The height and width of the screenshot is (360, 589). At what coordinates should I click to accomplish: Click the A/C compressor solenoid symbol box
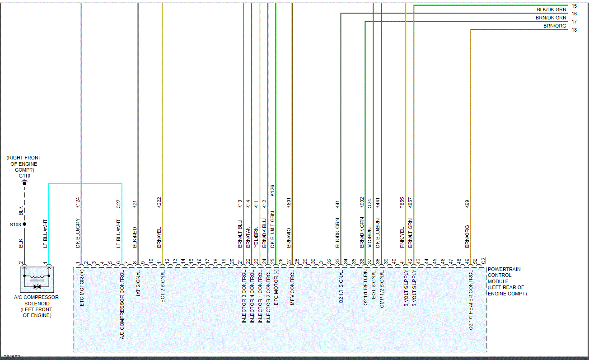[37, 279]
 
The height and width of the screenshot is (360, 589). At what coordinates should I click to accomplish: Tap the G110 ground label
[24, 176]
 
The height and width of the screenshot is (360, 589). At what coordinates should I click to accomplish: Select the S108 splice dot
[25, 224]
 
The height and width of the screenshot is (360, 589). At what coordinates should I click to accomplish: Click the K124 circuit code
[78, 202]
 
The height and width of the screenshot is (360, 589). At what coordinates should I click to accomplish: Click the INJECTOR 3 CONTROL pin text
[244, 296]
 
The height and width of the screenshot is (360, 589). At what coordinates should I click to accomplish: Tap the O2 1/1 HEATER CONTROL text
[471, 300]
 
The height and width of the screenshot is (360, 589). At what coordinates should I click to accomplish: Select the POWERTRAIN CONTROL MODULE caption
[506, 281]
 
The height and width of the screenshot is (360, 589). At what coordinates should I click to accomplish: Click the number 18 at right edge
[574, 30]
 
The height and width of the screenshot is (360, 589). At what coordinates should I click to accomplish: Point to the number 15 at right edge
[574, 6]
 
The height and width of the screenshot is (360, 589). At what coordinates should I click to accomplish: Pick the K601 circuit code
[289, 202]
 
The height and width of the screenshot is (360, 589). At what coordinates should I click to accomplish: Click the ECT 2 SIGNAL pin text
[163, 286]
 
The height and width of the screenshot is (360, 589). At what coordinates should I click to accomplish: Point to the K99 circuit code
[467, 204]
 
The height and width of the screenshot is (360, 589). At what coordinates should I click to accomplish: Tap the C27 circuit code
[119, 204]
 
